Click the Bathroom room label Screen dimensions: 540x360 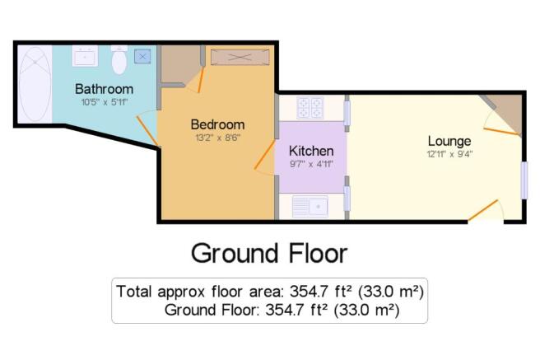[104, 89]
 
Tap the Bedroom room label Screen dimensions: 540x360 [217, 124]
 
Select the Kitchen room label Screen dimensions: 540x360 [311, 151]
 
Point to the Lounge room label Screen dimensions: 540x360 [449, 141]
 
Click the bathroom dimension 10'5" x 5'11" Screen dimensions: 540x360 [105, 102]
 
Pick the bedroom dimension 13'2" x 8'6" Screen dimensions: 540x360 [218, 138]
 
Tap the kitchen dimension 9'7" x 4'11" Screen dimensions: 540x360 [311, 164]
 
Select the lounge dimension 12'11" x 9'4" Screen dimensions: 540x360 [449, 154]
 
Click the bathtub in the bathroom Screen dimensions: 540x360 [35, 84]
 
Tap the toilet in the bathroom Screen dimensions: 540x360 [119, 59]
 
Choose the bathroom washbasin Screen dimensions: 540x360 [85, 56]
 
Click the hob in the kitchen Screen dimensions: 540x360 [310, 107]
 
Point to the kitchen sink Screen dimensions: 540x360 [310, 207]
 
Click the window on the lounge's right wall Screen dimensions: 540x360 [524, 180]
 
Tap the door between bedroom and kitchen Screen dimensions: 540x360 [264, 155]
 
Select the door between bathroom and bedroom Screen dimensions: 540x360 [147, 131]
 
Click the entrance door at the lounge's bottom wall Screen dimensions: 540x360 [483, 210]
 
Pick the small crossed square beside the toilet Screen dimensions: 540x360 [142, 57]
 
